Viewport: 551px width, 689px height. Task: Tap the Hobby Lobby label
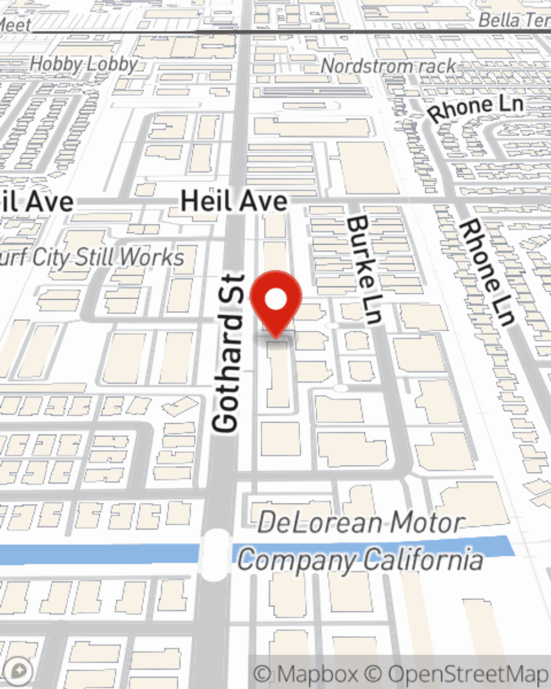[x=83, y=64]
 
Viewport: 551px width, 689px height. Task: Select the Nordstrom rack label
[x=388, y=66]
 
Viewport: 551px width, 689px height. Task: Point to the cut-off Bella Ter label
[x=514, y=20]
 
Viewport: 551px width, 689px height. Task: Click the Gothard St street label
[x=228, y=353]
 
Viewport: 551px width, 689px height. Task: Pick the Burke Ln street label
[x=364, y=270]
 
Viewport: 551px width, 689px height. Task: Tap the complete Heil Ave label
[x=234, y=201]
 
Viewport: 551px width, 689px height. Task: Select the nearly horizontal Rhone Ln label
[x=476, y=109]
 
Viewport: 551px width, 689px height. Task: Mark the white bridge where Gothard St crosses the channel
[x=215, y=555]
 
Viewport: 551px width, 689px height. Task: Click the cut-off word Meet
[x=15, y=25]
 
